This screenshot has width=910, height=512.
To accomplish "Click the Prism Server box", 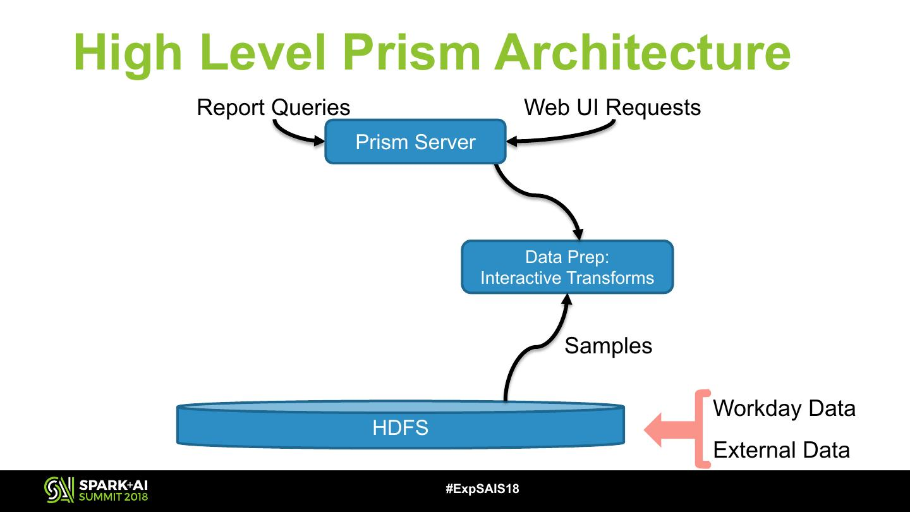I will pyautogui.click(x=415, y=142).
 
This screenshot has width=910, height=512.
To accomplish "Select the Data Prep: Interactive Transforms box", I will pyautogui.click(x=567, y=267).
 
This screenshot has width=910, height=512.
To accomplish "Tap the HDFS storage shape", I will pyautogui.click(x=400, y=427).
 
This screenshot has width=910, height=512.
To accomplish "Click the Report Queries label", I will pyautogui.click(x=273, y=107).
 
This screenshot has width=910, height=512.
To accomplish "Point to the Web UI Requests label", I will pyautogui.click(x=612, y=107).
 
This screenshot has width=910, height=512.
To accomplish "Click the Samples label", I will pyautogui.click(x=608, y=346).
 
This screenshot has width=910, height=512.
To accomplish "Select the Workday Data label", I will pyautogui.click(x=784, y=408).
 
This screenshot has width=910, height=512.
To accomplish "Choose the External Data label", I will pyautogui.click(x=781, y=450).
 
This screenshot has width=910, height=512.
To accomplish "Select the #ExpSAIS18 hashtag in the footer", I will pyautogui.click(x=482, y=489).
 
